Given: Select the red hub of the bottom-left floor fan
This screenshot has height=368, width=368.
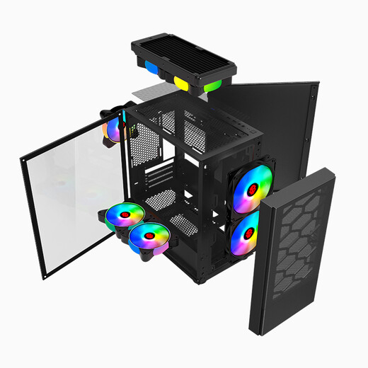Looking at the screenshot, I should coord(125,216).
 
